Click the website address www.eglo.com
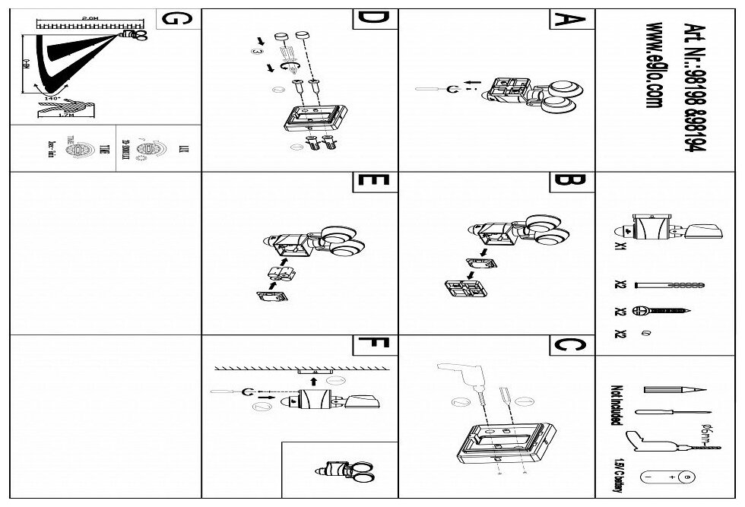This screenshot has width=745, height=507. [652, 65]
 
